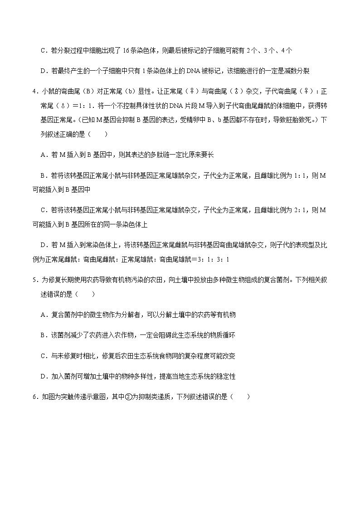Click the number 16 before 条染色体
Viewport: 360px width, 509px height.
[127, 50]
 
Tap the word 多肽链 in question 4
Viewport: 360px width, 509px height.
[143, 155]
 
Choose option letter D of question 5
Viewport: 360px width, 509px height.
[43, 376]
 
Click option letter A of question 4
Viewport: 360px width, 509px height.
[43, 155]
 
